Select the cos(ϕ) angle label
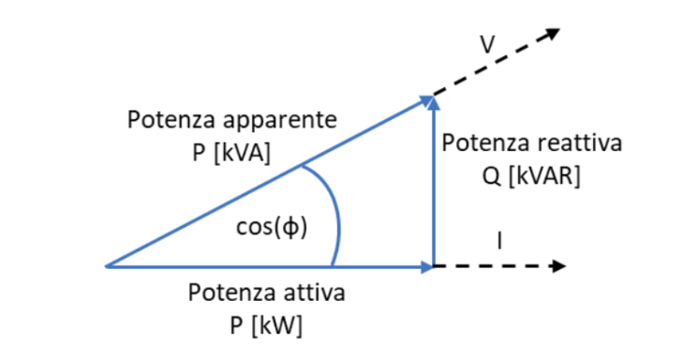coord(272,227)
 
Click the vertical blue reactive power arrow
coord(432,187)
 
